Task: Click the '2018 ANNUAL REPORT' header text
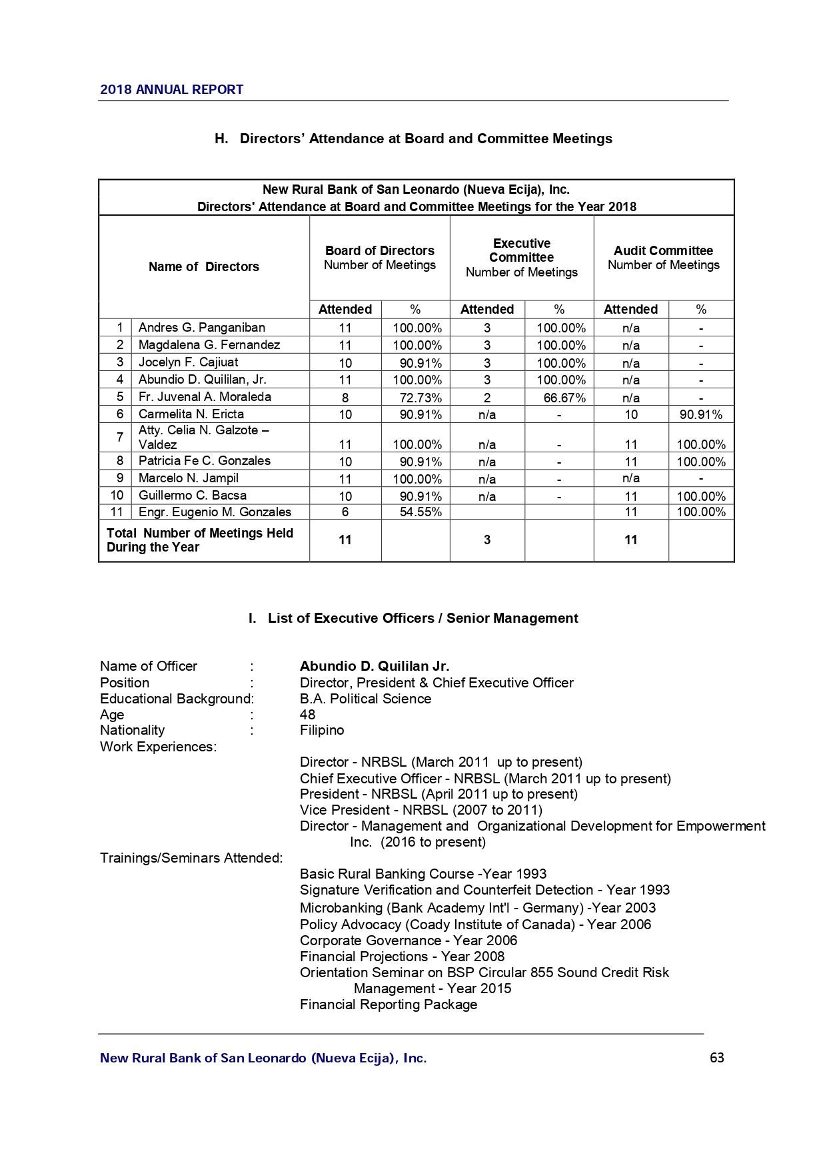(x=171, y=89)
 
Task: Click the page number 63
(x=716, y=1058)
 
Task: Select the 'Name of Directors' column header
(x=203, y=266)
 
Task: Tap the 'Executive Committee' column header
(x=521, y=250)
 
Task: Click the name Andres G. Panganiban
(x=201, y=328)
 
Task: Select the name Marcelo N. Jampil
(x=188, y=478)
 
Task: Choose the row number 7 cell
(x=119, y=437)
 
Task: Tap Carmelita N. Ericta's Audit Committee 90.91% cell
(x=700, y=414)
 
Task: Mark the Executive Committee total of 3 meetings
(x=487, y=540)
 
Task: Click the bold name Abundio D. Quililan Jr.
(x=374, y=666)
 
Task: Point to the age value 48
(x=307, y=715)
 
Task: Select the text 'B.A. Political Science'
(x=365, y=699)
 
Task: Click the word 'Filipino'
(x=322, y=730)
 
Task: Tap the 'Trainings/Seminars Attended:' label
(x=191, y=858)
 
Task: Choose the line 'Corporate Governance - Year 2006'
(x=408, y=941)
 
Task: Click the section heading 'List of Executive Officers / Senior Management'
(x=422, y=618)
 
